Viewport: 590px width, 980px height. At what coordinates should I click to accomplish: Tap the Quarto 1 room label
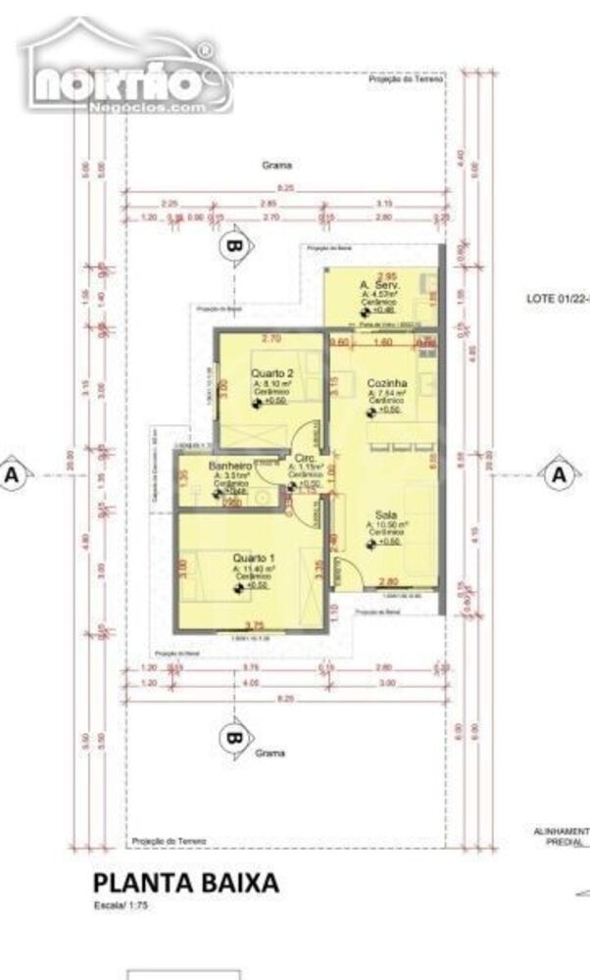(252, 559)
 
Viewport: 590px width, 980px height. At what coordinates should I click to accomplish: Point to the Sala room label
(383, 514)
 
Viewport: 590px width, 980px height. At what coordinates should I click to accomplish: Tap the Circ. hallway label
(304, 458)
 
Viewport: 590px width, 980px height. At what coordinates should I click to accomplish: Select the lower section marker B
(233, 737)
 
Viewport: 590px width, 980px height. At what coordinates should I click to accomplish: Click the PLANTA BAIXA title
(186, 883)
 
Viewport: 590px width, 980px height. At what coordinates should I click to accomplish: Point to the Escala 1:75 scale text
(121, 906)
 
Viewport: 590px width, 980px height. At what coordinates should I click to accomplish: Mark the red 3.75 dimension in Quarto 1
(256, 625)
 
